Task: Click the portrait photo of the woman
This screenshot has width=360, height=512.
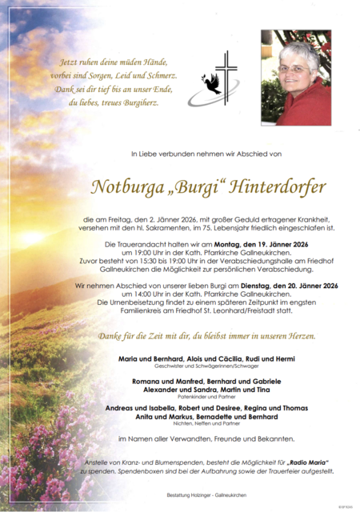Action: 295,77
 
